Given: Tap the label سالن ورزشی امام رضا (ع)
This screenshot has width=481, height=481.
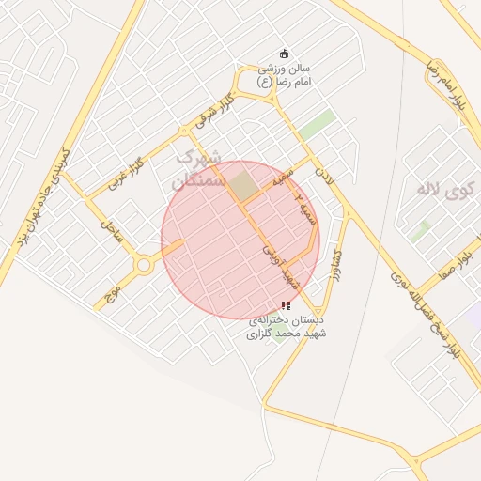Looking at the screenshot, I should tap(285, 75).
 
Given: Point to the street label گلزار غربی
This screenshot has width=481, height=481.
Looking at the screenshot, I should tap(123, 170).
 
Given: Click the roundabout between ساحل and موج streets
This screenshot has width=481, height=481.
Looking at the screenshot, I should tap(144, 266).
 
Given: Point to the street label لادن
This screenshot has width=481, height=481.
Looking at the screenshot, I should tap(324, 172).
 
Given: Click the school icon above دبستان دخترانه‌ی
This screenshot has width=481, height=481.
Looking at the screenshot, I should tap(286, 305).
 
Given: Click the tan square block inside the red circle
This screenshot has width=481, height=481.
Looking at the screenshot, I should tap(244, 185).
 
